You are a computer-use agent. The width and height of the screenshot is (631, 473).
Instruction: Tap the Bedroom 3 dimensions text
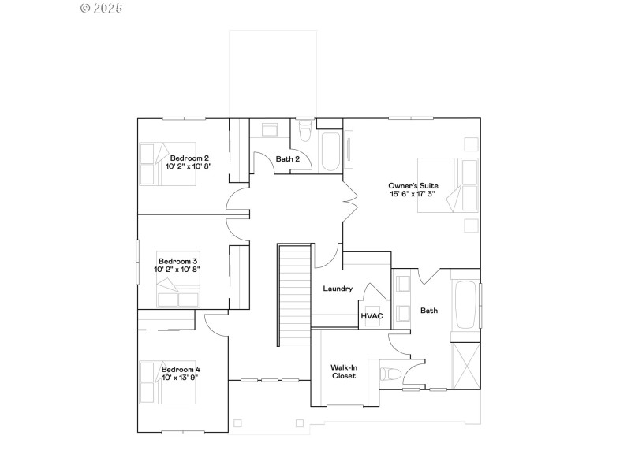coord(177,270)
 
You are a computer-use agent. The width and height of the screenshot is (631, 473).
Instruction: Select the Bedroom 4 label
coord(181,369)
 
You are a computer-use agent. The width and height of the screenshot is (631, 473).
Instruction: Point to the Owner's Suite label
coord(413,185)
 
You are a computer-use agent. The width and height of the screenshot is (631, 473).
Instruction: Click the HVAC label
coord(372,316)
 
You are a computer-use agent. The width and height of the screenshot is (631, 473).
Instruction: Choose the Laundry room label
coord(338,289)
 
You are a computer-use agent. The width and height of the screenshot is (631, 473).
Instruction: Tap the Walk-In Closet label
coord(343,371)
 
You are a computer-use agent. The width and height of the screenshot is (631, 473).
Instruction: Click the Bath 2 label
coord(287,159)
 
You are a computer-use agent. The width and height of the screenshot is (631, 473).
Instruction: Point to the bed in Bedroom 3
coord(179,296)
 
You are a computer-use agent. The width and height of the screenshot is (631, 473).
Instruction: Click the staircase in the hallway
coord(293,294)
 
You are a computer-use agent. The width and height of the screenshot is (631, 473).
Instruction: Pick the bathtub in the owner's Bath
coord(465,304)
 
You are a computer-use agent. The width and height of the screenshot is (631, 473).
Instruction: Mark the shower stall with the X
coord(465,364)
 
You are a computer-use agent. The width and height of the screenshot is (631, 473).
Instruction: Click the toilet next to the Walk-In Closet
coord(391,372)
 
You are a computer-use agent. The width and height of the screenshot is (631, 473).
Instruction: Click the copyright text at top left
coord(102,8)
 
